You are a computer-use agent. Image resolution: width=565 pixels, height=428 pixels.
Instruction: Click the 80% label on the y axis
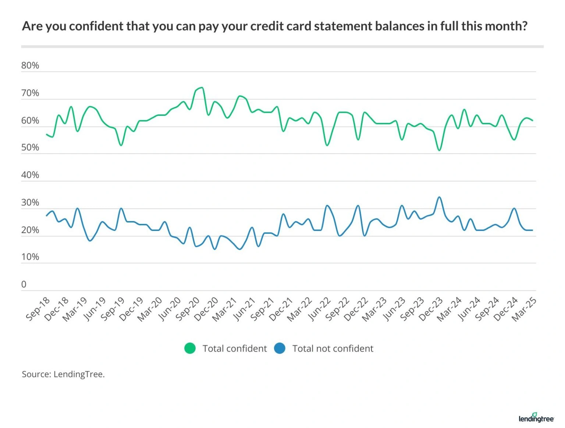coord(30,65)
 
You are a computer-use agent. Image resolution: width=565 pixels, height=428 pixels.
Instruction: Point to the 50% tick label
coord(30,147)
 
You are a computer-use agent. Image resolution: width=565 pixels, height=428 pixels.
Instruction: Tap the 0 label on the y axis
coord(24,284)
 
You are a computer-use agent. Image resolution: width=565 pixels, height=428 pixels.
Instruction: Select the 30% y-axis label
coord(30,203)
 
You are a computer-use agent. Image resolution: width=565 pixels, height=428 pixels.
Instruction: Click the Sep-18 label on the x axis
coord(38,309)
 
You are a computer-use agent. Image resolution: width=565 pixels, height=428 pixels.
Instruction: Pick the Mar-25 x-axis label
coord(524,309)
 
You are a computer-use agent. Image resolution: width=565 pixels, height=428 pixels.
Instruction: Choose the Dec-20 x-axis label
coord(206,309)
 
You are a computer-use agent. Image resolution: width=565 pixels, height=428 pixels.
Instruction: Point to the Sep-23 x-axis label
coord(412,309)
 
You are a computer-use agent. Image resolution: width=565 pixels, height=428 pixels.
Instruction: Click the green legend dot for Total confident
coord(190,348)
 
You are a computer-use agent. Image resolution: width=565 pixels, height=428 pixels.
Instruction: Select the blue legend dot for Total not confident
coord(280,348)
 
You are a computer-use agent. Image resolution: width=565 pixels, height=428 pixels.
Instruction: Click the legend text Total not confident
coord(333,349)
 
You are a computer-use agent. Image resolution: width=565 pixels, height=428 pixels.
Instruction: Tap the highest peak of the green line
coord(202,88)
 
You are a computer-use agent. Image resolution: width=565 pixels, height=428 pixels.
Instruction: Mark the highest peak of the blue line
coord(439,197)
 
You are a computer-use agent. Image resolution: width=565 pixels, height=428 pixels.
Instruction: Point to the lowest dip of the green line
coord(439,150)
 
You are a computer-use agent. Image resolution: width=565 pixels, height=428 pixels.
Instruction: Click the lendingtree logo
coord(536,418)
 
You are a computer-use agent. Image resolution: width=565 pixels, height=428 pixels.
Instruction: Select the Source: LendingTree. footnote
coord(63,374)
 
